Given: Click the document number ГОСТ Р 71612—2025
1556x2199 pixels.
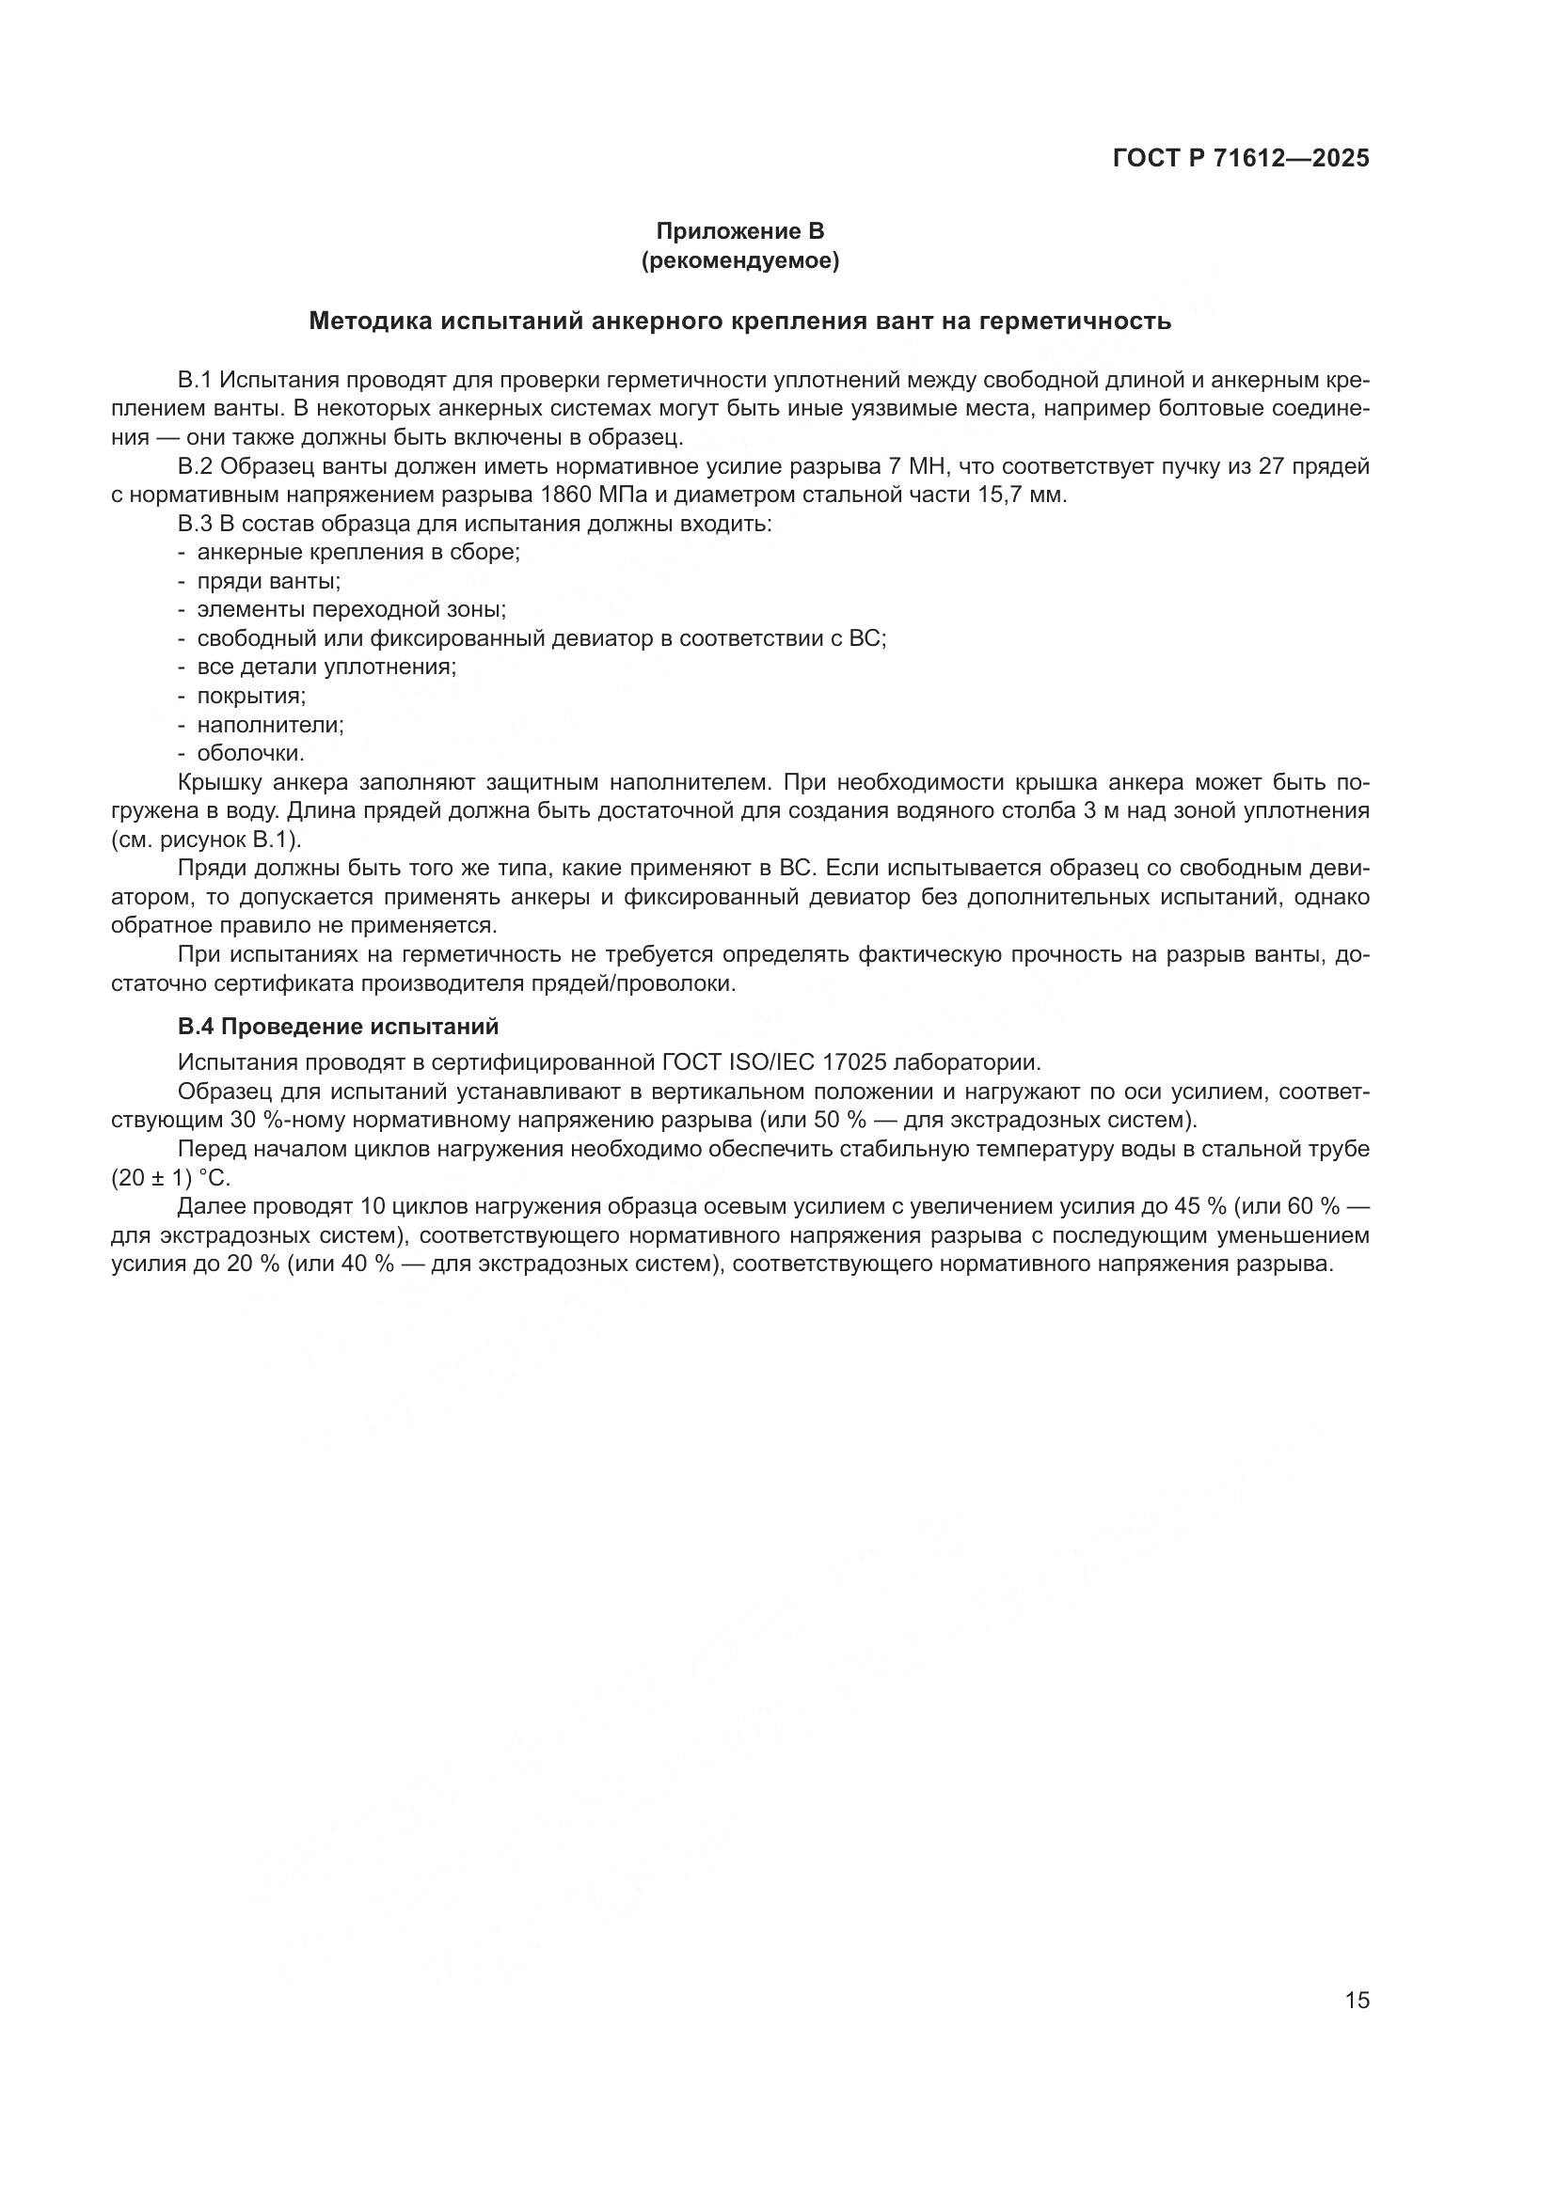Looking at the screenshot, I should [x=1241, y=159].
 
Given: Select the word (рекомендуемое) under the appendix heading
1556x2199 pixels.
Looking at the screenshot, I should [x=739, y=261].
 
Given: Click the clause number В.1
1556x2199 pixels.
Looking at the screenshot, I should [x=194, y=381].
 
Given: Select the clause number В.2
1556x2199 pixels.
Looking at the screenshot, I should [x=194, y=467].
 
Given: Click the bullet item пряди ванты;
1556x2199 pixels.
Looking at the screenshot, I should [x=268, y=581].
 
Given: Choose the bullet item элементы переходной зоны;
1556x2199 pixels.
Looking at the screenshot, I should [x=351, y=610].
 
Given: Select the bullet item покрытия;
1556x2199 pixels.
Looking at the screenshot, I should [x=251, y=697].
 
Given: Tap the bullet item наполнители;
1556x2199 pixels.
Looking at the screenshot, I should [x=270, y=725].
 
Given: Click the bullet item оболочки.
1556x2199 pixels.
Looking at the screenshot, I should [x=250, y=754].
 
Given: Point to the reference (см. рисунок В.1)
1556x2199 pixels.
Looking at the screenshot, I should [x=206, y=840].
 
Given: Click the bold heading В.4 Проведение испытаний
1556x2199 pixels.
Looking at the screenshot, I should [x=339, y=1027].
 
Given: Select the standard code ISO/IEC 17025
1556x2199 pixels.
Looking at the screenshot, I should [x=802, y=1063].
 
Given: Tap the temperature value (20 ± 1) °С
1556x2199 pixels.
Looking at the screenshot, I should [x=170, y=1178].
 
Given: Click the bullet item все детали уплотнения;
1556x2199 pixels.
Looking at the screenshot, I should [x=325, y=668].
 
